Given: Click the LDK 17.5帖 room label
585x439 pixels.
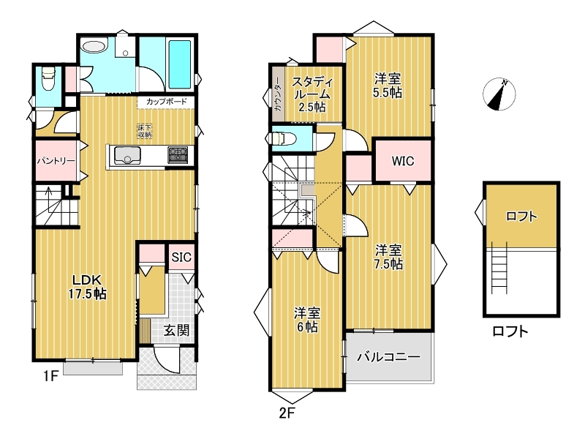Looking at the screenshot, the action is tap(87, 287).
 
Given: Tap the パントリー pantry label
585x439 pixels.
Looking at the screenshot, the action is tap(56, 161).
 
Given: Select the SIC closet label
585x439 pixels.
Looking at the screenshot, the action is tap(181, 257).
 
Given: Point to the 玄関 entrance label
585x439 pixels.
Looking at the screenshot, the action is tap(176, 331).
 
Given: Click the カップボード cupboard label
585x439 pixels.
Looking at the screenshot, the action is tap(167, 102).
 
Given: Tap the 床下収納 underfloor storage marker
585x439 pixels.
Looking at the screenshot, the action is tap(145, 131).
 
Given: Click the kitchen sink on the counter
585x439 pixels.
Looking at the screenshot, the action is tap(127, 155).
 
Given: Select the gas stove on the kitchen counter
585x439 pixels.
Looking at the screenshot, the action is tap(178, 155).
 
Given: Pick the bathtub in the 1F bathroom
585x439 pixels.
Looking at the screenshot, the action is tap(180, 64).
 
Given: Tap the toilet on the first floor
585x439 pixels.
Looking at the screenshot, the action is tap(48, 78).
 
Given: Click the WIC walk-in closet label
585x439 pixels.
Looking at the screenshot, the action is tap(403, 161).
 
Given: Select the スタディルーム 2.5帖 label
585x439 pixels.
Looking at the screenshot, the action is tap(312, 94).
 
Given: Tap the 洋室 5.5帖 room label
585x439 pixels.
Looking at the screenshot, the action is tap(388, 86).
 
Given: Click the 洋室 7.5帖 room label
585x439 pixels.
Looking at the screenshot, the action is tap(388, 257).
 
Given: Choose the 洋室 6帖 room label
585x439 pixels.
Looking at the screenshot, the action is tap(307, 320).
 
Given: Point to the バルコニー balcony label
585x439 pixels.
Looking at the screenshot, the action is tap(388, 357).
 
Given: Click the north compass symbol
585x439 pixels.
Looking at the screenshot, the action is tap(499, 94).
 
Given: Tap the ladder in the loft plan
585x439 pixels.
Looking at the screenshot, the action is tap(499, 268).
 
